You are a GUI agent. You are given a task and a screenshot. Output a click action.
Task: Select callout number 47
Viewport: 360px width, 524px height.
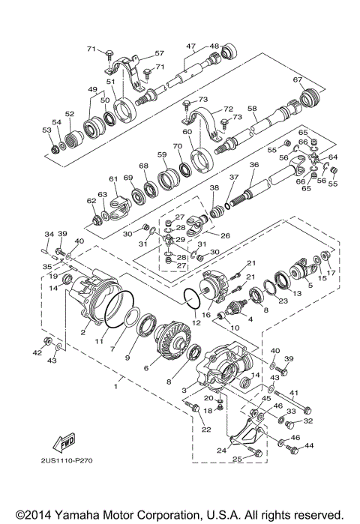tap(191, 46)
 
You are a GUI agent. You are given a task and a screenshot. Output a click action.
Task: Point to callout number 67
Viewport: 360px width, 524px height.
tap(298, 79)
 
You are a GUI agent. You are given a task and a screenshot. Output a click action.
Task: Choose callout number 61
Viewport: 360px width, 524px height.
tap(113, 179)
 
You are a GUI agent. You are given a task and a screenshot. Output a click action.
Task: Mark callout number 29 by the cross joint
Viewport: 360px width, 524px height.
tap(181, 239)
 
